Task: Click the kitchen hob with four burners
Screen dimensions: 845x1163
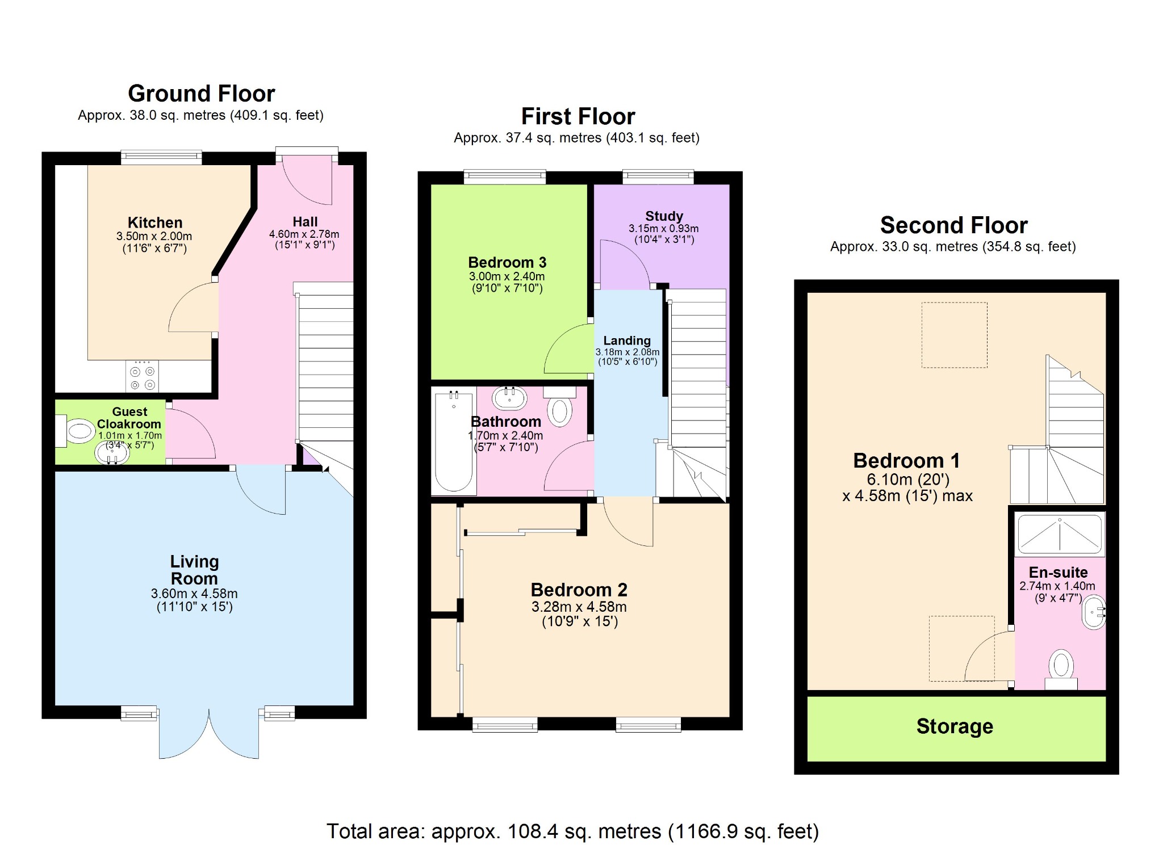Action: pyautogui.click(x=142, y=377)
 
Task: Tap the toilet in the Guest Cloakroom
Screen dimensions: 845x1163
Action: pyautogui.click(x=77, y=431)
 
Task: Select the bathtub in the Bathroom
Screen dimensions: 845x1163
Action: pyautogui.click(x=454, y=442)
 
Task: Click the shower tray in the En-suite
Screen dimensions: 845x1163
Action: pyautogui.click(x=1059, y=534)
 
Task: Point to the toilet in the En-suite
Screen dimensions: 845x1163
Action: pyautogui.click(x=1061, y=666)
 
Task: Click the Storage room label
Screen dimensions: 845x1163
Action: pyautogui.click(x=955, y=726)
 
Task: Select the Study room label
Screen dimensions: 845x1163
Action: pyautogui.click(x=664, y=216)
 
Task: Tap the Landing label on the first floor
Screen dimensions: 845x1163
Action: pyautogui.click(x=627, y=340)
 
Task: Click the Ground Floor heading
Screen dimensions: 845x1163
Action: pyautogui.click(x=201, y=94)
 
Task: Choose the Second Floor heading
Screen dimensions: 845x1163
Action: pyautogui.click(x=953, y=225)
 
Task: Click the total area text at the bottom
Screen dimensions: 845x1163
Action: pyautogui.click(x=572, y=831)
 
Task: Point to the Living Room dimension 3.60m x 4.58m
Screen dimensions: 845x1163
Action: pyautogui.click(x=194, y=594)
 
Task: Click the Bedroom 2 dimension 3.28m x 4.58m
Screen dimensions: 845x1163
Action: pyautogui.click(x=579, y=607)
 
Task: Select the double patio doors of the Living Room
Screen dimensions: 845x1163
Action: pyautogui.click(x=209, y=733)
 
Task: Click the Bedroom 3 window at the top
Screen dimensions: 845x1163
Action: pyautogui.click(x=504, y=176)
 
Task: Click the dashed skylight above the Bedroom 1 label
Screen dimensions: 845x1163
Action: pyautogui.click(x=954, y=335)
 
